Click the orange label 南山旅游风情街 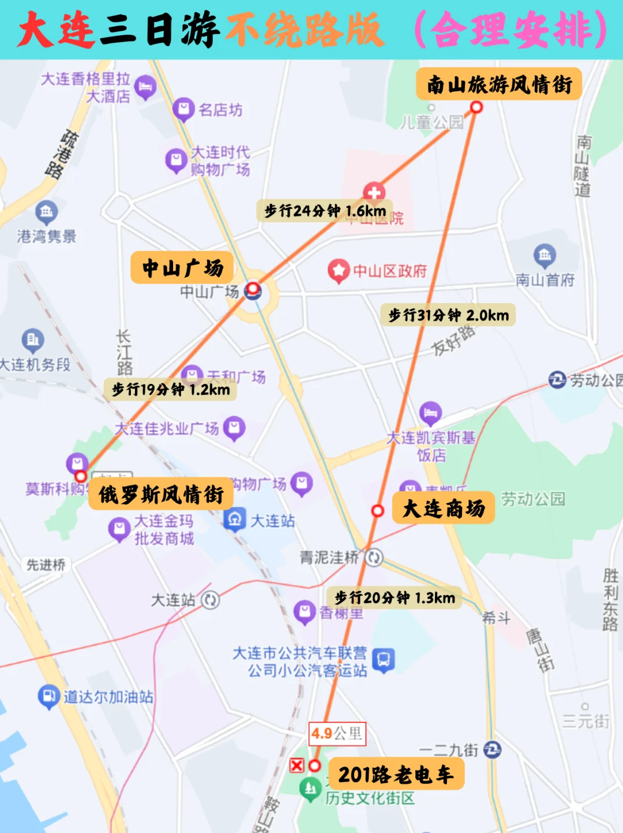[498, 84]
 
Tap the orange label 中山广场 [182, 267]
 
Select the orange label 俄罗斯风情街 [161, 494]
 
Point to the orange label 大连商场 [443, 508]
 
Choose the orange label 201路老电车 [396, 774]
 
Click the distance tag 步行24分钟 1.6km [325, 211]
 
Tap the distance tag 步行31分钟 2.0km [448, 315]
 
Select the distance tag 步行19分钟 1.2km [171, 390]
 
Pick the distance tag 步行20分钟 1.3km [395, 597]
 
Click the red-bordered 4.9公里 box [337, 734]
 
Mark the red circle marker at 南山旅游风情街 [476, 107]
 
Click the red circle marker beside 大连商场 [377, 510]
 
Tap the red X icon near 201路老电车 [297, 765]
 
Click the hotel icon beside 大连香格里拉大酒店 [145, 87]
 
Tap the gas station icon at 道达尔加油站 [48, 696]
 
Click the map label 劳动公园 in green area [533, 499]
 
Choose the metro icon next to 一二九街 [492, 749]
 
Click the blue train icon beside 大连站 [234, 520]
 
